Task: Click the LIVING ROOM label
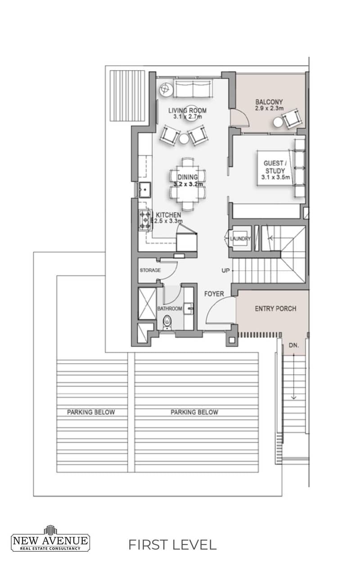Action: (188, 111)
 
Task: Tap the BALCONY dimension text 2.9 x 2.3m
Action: (269, 108)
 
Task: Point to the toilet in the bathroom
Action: (167, 322)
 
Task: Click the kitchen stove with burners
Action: (145, 220)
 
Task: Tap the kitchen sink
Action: (145, 190)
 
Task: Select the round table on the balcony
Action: (278, 122)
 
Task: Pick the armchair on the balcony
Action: (292, 118)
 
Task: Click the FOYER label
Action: (214, 294)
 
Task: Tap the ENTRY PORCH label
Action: (275, 309)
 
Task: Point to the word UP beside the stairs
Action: (225, 270)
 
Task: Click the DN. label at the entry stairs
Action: (294, 345)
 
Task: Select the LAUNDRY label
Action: (240, 238)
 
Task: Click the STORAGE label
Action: (150, 270)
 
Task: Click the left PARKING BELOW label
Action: (91, 412)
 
